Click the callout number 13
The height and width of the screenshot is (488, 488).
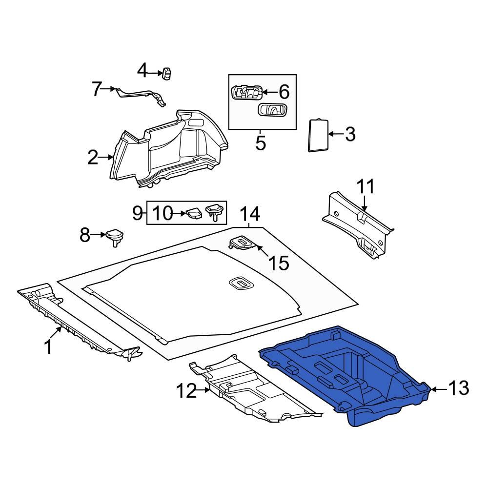(x=458, y=388)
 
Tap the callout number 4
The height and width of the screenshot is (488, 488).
(x=142, y=71)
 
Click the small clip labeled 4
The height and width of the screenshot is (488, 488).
(x=168, y=73)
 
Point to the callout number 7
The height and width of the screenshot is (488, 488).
(x=97, y=89)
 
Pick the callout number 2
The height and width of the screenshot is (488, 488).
(x=93, y=158)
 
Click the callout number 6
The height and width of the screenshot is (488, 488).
(x=284, y=91)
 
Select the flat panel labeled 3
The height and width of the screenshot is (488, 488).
(x=318, y=135)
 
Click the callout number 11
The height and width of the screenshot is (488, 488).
(x=366, y=187)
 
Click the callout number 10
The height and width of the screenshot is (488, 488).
(x=163, y=213)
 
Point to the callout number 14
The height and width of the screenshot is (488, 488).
(x=250, y=214)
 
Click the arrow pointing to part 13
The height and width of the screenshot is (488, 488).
(x=438, y=389)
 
